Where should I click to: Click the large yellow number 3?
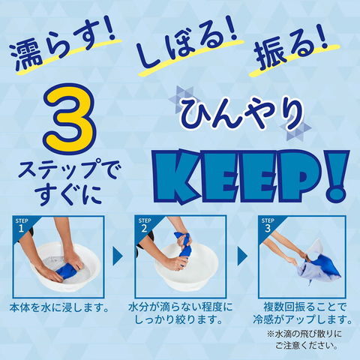pos(70,118)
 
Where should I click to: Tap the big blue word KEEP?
pos(250,175)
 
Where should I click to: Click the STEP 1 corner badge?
pos(22,226)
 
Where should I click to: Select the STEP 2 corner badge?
pos(145,226)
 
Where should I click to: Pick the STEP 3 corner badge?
pos(268,226)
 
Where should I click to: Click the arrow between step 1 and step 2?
pos(118,256)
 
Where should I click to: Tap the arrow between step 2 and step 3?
pos(242,256)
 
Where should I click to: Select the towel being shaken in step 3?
pos(319,268)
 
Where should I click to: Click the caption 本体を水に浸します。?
pos(59,307)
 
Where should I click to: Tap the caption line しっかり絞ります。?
pos(179,319)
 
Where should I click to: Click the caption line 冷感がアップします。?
pos(302,319)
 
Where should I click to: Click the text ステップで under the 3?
pos(70,169)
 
